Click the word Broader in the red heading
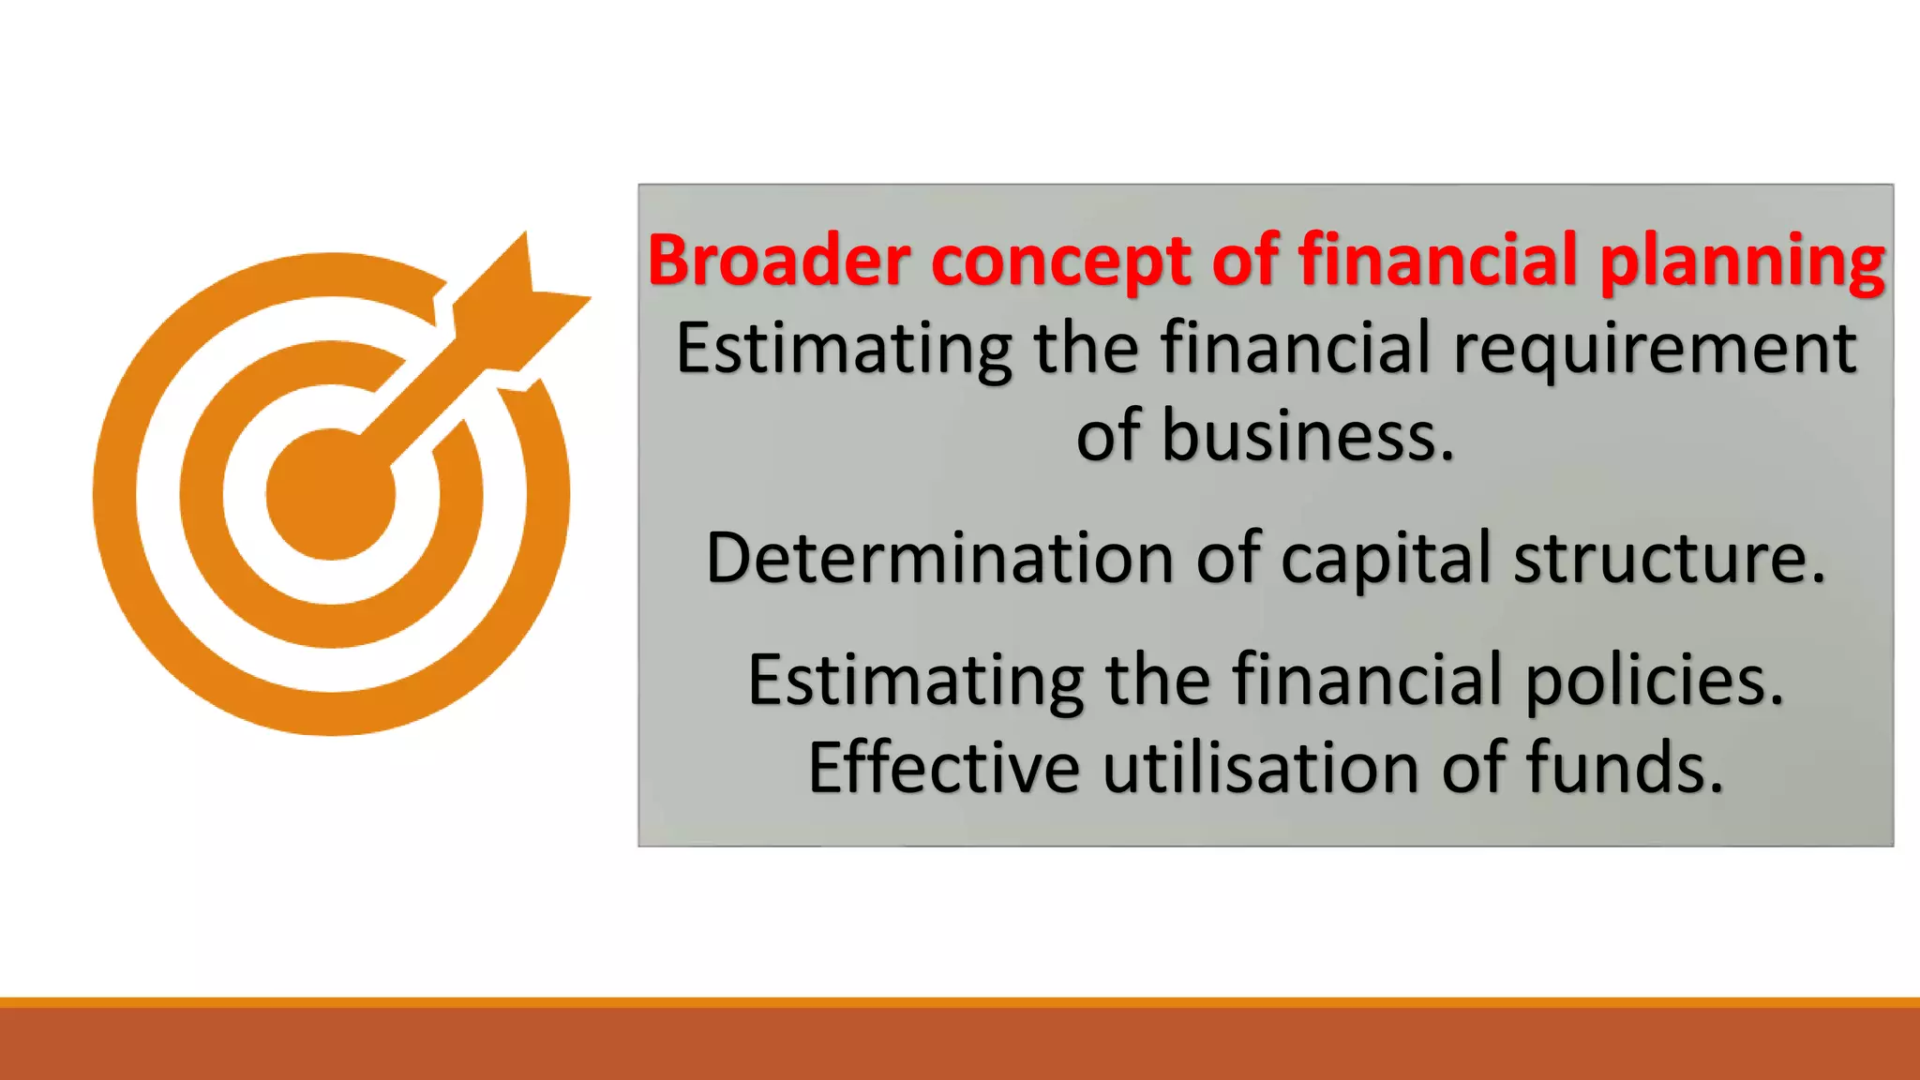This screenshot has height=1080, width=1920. point(778,260)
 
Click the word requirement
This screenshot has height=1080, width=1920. point(1655,349)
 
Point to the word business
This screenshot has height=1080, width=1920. point(1308,437)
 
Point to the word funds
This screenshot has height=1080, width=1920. point(1625,768)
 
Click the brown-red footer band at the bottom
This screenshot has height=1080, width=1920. point(960,1044)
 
